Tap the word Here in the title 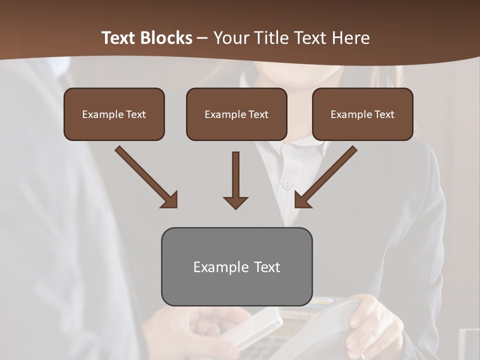350,38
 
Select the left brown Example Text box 114,114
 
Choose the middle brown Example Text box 236,114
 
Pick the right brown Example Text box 362,114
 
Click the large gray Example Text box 236,266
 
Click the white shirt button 286,185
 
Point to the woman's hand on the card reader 370,320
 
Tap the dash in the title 202,38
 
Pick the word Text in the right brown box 384,114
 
